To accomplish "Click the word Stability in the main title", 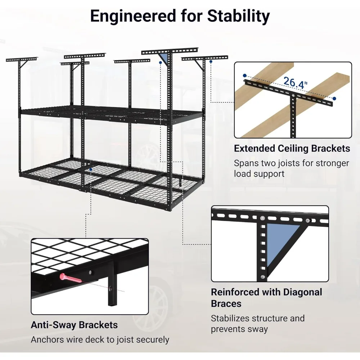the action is coord(239,16).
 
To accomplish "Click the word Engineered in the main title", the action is coord(133,16).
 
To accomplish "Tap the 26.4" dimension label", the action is coord(295,83).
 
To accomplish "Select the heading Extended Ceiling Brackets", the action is coord(292,149).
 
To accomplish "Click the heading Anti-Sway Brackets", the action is coord(74,325).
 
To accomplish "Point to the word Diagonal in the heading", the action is coord(303,292).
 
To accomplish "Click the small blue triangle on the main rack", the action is coord(163,58).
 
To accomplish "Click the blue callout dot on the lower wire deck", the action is coord(91,170).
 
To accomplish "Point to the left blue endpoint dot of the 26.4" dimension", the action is coord(245,76).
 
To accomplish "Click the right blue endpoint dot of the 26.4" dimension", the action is coord(334,99).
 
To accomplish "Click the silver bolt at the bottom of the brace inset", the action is coord(262,277).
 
